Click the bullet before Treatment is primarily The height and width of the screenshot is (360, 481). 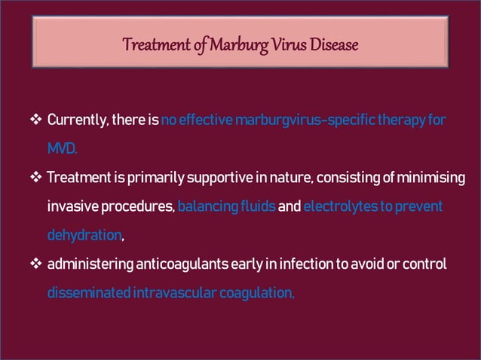click(x=35, y=178)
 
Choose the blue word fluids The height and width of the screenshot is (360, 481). click(x=256, y=206)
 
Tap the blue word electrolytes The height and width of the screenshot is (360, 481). click(x=335, y=206)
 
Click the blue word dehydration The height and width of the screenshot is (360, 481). click(x=84, y=235)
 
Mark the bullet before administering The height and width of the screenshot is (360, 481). click(x=35, y=264)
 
